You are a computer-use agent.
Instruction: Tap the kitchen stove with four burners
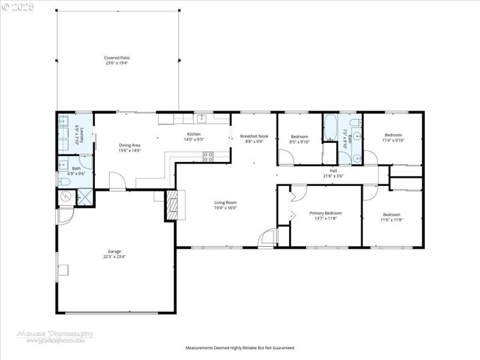(x=208, y=157)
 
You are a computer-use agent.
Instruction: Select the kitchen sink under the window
(x=203, y=118)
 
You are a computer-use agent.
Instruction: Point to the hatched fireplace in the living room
(x=172, y=206)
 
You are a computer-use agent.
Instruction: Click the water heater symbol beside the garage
(x=67, y=196)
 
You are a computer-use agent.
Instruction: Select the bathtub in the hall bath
(x=330, y=127)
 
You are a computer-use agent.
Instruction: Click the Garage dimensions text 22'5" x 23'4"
(x=114, y=257)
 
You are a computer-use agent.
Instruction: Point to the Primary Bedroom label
(x=325, y=213)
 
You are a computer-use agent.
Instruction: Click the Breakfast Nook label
(x=254, y=136)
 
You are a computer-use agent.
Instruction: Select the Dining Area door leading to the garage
(x=117, y=181)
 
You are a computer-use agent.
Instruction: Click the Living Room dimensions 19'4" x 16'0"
(x=226, y=208)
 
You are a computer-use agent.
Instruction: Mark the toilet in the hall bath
(x=355, y=125)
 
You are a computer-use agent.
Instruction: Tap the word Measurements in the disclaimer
(x=200, y=347)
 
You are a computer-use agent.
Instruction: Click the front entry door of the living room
(x=266, y=238)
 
